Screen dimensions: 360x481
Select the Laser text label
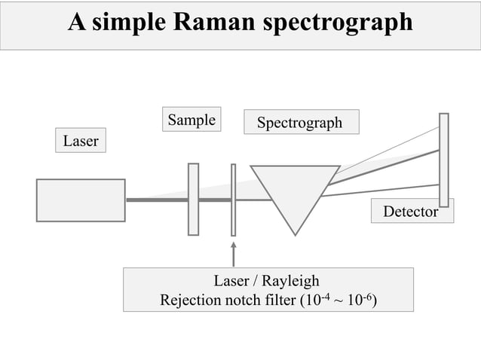81,141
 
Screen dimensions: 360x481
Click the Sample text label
191,120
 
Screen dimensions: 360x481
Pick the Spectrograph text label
300,122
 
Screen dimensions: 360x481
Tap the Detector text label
411,212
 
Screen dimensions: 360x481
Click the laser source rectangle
81,200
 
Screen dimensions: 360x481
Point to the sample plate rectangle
194,199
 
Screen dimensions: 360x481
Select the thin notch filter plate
234,199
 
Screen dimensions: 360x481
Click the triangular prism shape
295,193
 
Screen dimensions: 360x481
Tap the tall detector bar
444,159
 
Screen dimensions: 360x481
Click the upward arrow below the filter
234,254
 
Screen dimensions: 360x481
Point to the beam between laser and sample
157,200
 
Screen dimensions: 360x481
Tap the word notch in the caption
245,301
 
